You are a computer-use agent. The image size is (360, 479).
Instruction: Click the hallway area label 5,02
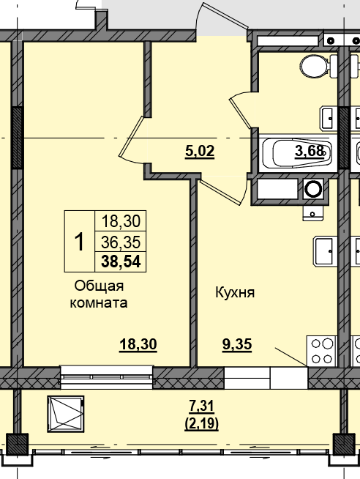click(200, 152)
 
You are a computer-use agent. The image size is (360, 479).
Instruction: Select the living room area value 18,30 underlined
click(138, 344)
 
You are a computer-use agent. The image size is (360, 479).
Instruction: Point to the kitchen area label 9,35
click(236, 344)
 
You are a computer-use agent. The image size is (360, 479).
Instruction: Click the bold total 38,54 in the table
click(121, 261)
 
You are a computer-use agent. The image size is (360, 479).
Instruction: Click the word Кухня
click(234, 293)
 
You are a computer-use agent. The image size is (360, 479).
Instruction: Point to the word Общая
click(98, 286)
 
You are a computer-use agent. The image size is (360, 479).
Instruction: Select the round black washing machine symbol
click(314, 190)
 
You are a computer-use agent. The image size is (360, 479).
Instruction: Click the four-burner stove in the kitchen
click(320, 350)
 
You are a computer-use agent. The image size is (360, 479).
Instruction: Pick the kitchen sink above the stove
click(325, 250)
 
